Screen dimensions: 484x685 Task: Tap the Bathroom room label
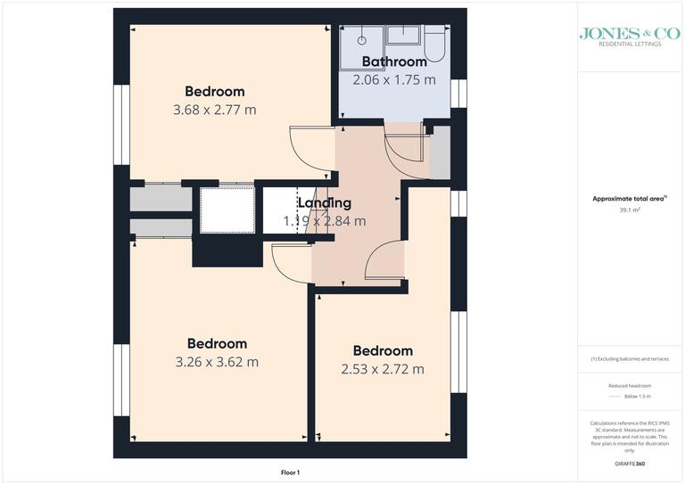394,62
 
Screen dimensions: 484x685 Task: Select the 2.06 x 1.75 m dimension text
394,79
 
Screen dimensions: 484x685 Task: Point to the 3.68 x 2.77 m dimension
214,110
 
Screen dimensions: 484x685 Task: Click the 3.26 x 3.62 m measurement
217,362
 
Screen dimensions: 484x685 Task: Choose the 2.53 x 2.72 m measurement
383,369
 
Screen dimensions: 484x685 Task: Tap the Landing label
324,203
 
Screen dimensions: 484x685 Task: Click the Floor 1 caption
290,472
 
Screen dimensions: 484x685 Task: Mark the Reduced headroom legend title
630,386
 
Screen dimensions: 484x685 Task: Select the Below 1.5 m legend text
637,396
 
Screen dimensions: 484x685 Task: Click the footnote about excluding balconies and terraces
630,358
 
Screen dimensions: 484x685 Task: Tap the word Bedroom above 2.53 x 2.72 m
383,351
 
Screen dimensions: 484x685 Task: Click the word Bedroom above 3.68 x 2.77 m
214,91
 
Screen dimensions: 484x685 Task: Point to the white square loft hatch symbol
227,209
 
